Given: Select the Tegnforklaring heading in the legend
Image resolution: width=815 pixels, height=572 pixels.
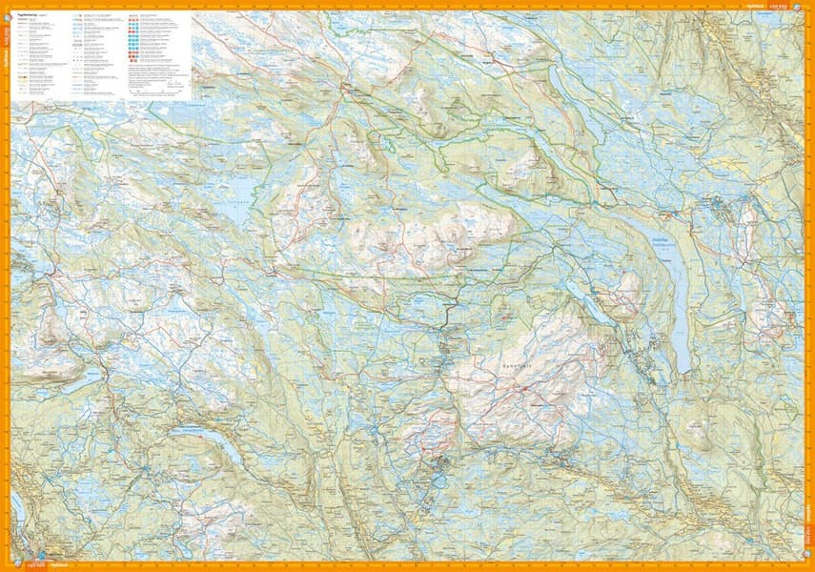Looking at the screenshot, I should click(x=28, y=17).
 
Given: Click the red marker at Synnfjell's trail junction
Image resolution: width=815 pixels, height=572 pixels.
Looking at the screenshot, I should click(x=523, y=390).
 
